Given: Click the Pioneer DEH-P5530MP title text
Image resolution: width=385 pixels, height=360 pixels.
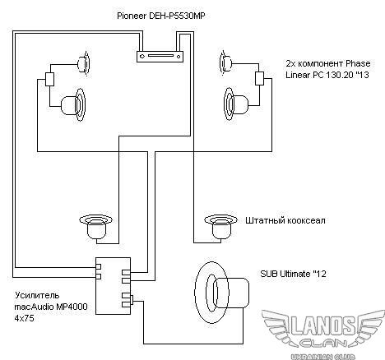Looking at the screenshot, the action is pyautogui.click(x=161, y=16).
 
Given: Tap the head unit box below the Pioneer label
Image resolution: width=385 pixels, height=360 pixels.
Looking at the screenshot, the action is pyautogui.click(x=160, y=57).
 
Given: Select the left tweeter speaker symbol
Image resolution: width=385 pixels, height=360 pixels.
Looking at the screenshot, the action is pyautogui.click(x=84, y=64).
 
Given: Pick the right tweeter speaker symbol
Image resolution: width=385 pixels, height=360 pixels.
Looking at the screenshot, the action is pyautogui.click(x=226, y=62).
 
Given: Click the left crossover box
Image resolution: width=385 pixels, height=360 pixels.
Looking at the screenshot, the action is pyautogui.click(x=49, y=79).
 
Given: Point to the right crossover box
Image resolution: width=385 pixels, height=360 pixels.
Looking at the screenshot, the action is pyautogui.click(x=259, y=78).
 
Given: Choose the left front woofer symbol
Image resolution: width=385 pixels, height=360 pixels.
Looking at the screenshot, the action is pyautogui.click(x=73, y=105).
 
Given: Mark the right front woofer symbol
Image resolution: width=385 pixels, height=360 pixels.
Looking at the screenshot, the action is pyautogui.click(x=236, y=104).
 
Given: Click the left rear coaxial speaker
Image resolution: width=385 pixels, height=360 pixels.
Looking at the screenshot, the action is pyautogui.click(x=96, y=227).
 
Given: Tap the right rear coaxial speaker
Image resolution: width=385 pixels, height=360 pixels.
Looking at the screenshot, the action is pyautogui.click(x=220, y=227).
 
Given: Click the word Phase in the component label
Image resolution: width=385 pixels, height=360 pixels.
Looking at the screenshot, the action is pyautogui.click(x=358, y=63).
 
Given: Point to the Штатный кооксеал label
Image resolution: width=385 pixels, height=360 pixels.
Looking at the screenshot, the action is pyautogui.click(x=285, y=220).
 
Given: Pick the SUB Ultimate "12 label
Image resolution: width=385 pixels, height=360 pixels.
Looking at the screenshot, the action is pyautogui.click(x=293, y=274).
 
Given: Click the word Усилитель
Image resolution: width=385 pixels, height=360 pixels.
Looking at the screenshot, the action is pyautogui.click(x=37, y=295).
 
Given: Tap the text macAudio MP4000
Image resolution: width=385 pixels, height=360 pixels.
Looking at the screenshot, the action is pyautogui.click(x=51, y=307).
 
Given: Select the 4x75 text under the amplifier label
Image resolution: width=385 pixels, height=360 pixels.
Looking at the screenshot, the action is pyautogui.click(x=24, y=318).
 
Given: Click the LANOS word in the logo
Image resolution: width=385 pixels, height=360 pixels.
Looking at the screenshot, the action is pyautogui.click(x=323, y=326).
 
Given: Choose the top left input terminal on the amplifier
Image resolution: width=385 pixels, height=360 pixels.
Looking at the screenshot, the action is pyautogui.click(x=98, y=266).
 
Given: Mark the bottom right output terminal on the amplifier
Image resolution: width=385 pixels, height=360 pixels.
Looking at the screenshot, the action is pyautogui.click(x=126, y=304).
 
